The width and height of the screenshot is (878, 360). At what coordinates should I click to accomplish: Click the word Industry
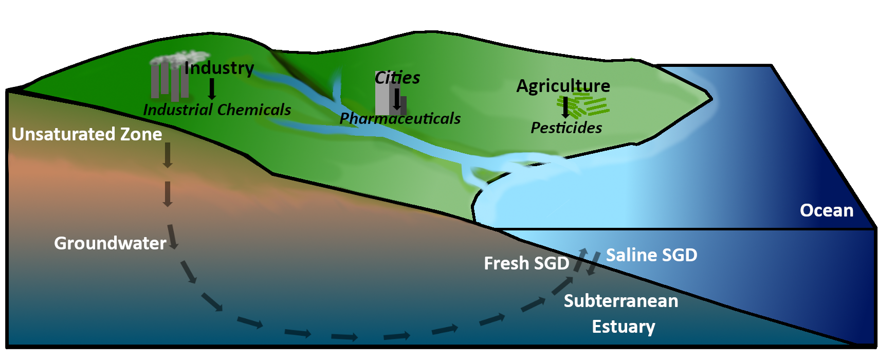[219, 68]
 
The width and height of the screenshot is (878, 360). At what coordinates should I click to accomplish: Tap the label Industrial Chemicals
[217, 110]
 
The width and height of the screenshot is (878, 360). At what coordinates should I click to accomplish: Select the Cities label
[397, 78]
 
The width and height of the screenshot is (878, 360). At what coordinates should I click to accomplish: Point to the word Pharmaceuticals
[400, 118]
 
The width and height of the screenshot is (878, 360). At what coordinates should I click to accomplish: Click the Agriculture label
[563, 85]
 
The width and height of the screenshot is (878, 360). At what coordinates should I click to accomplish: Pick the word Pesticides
[566, 128]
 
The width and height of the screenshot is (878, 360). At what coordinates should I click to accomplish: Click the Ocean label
[826, 210]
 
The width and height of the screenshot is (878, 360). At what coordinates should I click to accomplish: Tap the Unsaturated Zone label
[87, 134]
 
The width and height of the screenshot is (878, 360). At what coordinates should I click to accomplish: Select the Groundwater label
[110, 243]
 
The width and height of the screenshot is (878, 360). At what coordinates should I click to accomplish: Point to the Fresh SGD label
[526, 263]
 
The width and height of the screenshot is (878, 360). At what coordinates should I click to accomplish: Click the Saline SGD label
[651, 255]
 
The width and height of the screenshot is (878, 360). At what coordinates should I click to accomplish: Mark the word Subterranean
[621, 301]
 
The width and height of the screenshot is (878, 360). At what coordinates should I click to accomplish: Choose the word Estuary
[623, 327]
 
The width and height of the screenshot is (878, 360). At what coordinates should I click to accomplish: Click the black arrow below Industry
[211, 89]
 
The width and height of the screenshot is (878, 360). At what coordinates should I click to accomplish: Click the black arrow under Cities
[396, 99]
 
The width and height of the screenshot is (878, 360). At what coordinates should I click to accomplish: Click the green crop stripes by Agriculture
[591, 105]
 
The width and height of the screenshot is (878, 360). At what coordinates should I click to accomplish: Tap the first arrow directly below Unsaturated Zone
[167, 155]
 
